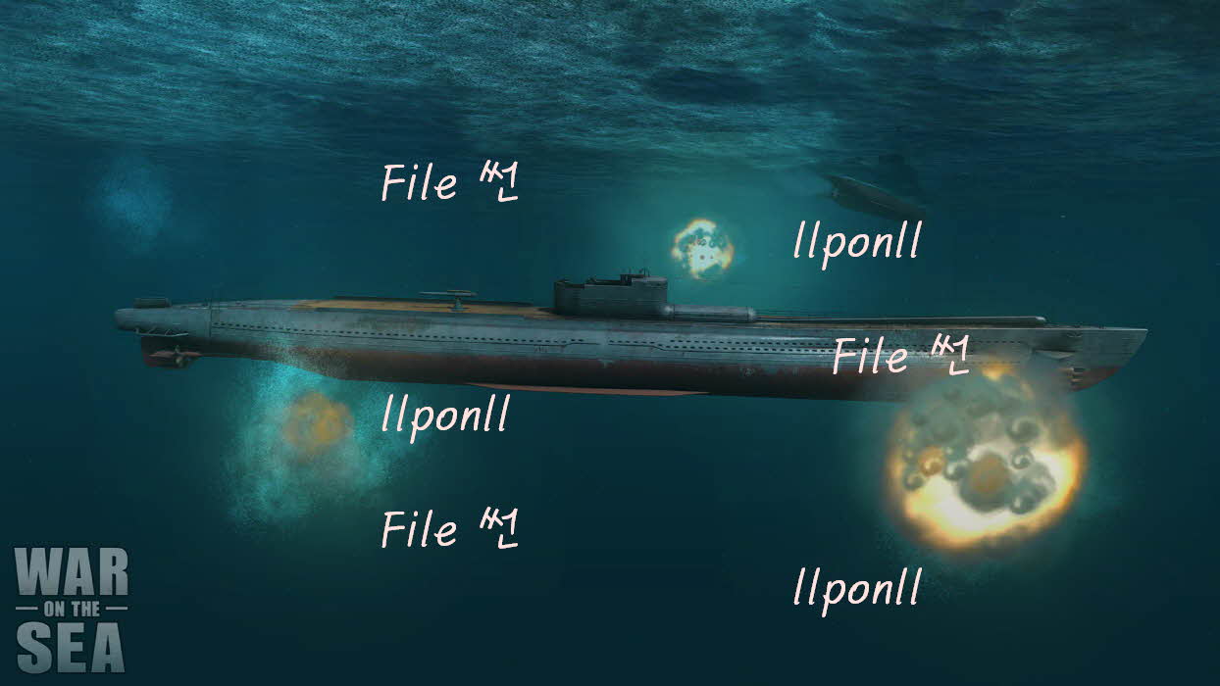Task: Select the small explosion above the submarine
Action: click(x=703, y=247)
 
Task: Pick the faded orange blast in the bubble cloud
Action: click(x=316, y=424)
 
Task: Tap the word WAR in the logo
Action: click(x=72, y=573)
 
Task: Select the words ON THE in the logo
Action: click(x=72, y=610)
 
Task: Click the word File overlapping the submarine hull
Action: click(x=871, y=357)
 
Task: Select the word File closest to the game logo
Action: click(x=419, y=530)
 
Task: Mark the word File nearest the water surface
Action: click(x=419, y=183)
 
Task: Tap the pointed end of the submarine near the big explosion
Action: click(x=1138, y=338)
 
